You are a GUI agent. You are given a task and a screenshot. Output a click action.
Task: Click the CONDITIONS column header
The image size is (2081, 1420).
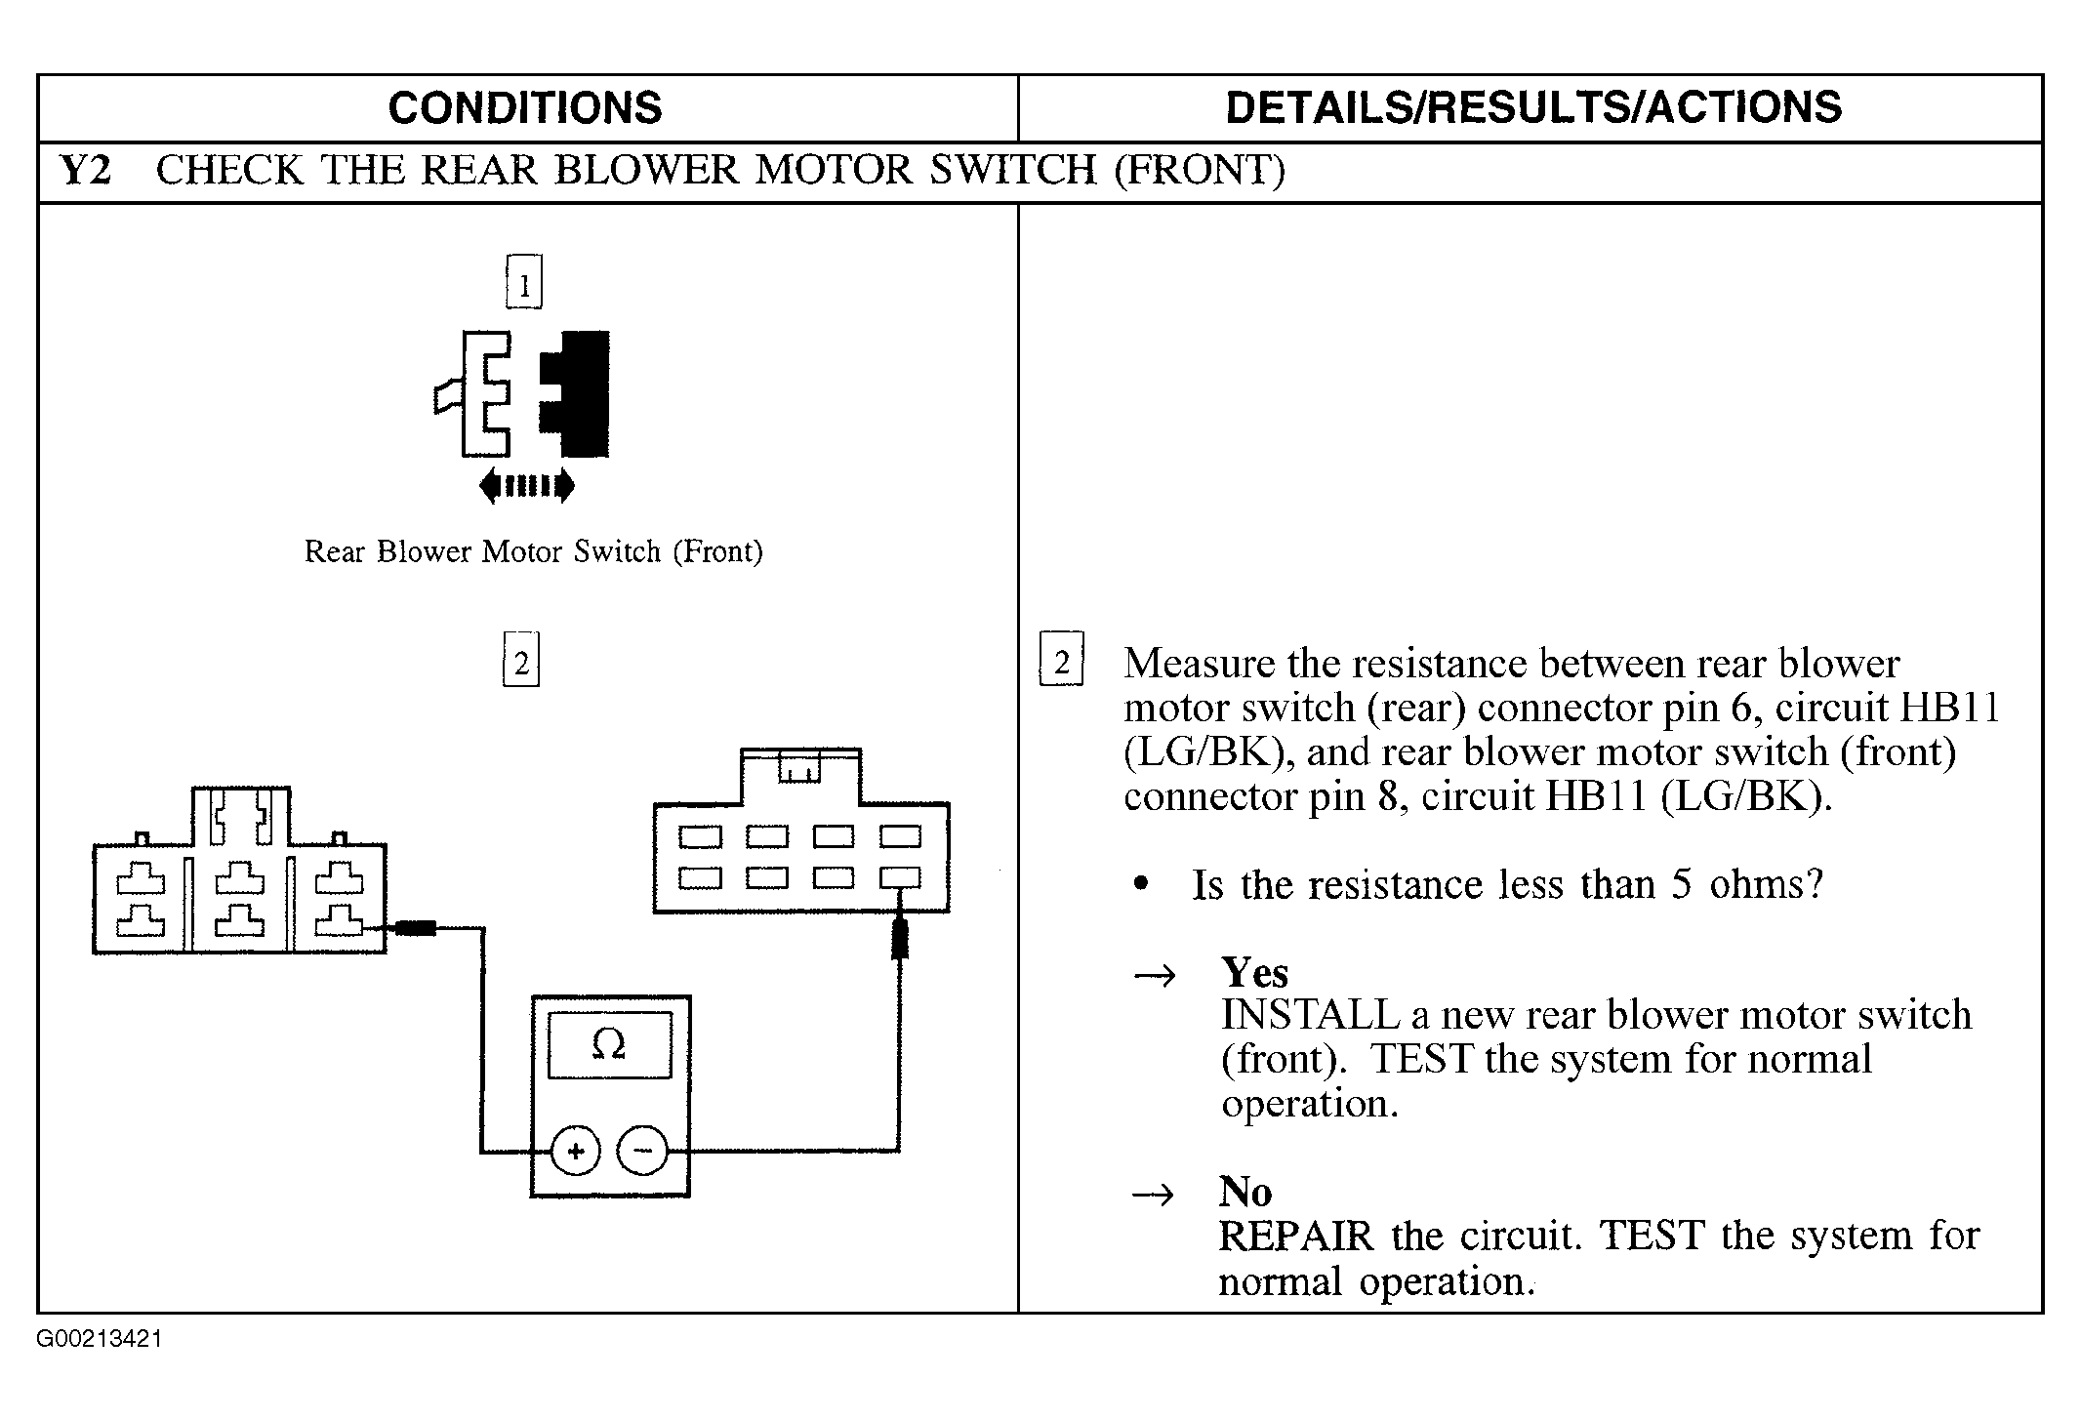pyautogui.click(x=525, y=107)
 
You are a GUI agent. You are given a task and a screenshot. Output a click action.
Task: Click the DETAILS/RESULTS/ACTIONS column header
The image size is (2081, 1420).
pyautogui.click(x=1533, y=107)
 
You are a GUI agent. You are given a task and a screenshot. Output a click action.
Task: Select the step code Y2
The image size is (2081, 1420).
pyautogui.click(x=86, y=170)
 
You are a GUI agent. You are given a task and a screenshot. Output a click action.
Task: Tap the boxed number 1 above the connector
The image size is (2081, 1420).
pyautogui.click(x=524, y=282)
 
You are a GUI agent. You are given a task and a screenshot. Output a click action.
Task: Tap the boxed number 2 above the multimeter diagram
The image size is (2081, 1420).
pyautogui.click(x=521, y=661)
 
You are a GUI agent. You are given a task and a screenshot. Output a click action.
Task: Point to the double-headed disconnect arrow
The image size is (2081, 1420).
pyautogui.click(x=527, y=484)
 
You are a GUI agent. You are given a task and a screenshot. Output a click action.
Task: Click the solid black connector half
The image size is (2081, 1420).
pyautogui.click(x=575, y=393)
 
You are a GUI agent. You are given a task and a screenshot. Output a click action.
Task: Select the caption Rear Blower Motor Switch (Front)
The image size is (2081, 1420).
pyautogui.click(x=533, y=551)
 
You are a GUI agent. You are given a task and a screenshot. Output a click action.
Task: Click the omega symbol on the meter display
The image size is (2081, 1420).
pyautogui.click(x=609, y=1045)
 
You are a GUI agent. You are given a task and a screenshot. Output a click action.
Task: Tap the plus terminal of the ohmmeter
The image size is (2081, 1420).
pyautogui.click(x=576, y=1152)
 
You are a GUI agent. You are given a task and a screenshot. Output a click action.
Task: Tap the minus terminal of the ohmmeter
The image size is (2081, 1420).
pyautogui.click(x=642, y=1152)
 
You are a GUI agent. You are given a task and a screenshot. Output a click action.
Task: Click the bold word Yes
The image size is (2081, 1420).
pyautogui.click(x=1254, y=972)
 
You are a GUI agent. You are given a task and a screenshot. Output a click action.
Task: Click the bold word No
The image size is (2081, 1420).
pyautogui.click(x=1245, y=1191)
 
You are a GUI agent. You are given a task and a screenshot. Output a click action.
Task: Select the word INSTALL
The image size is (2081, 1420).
pyautogui.click(x=1310, y=1016)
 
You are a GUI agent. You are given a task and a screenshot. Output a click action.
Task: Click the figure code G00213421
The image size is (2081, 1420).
pyautogui.click(x=100, y=1339)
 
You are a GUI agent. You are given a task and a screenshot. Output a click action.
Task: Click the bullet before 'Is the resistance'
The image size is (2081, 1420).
pyautogui.click(x=1140, y=885)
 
